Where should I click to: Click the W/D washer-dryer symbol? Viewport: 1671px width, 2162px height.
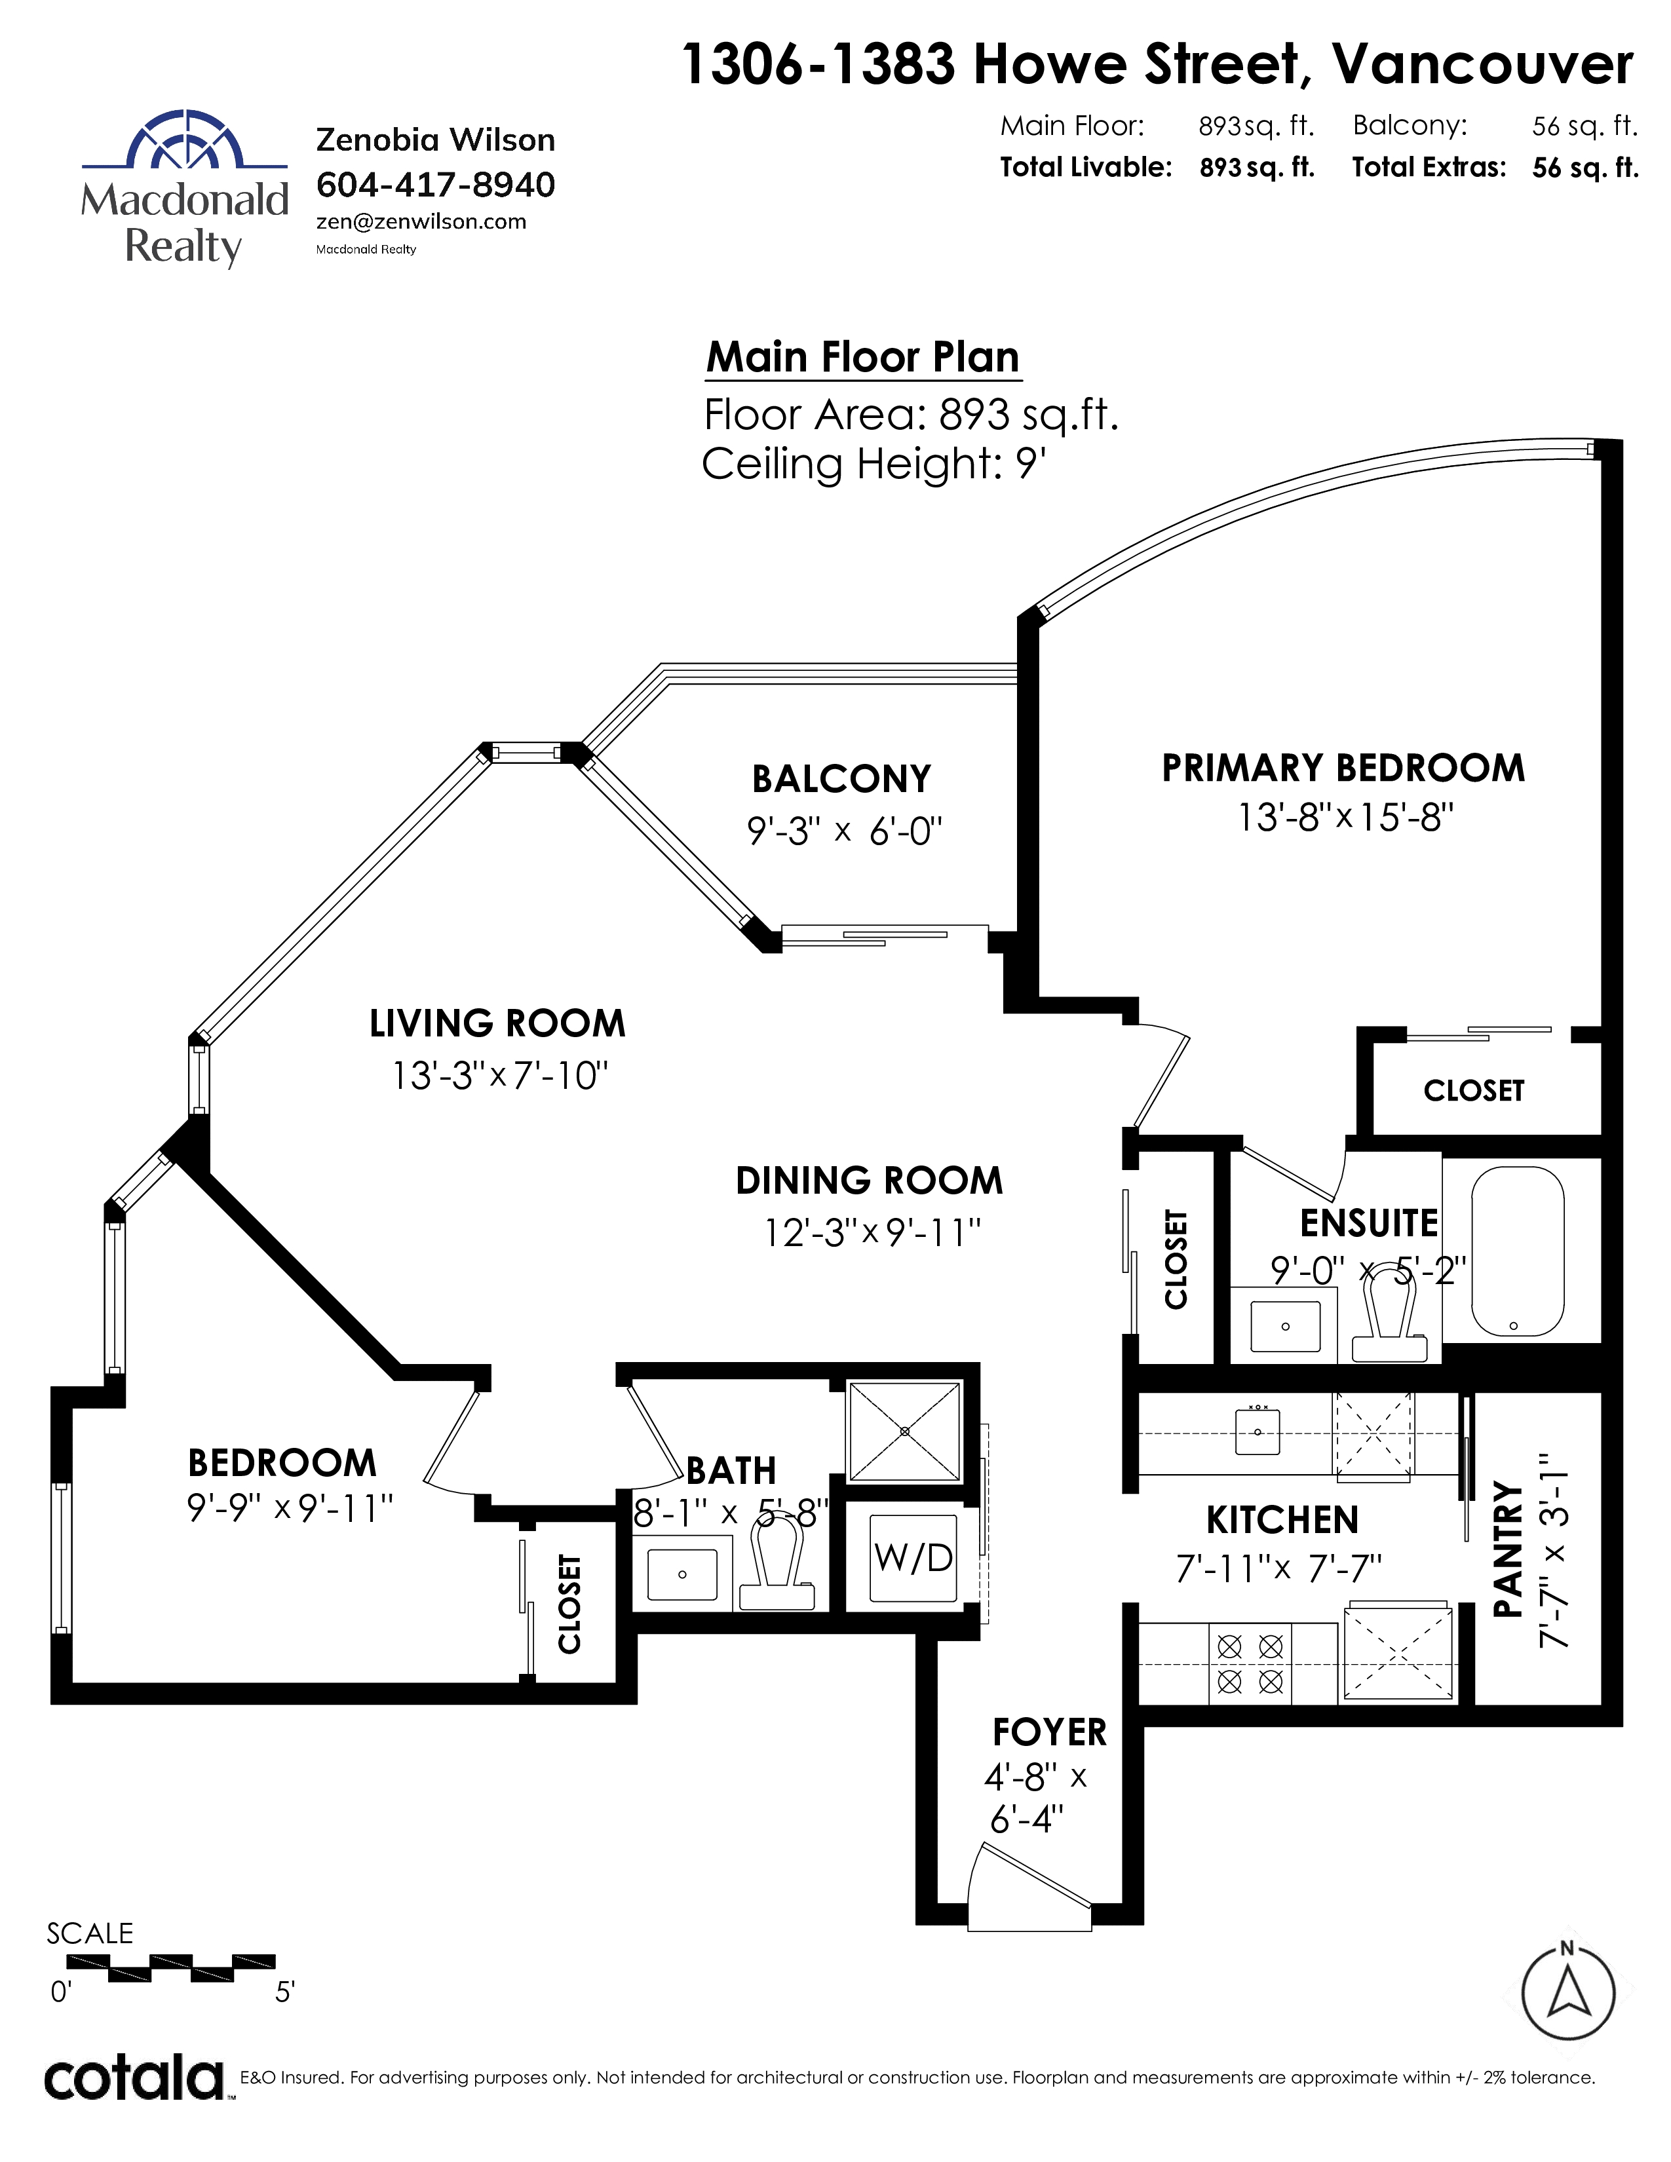tap(913, 1558)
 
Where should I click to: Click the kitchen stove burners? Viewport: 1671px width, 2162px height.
tap(1249, 1663)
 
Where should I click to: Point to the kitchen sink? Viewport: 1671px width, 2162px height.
tap(1258, 1432)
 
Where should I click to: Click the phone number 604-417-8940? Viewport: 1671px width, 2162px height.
tap(436, 184)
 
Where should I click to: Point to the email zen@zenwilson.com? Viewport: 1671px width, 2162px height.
tap(421, 221)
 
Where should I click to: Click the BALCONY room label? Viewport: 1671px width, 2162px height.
tap(841, 779)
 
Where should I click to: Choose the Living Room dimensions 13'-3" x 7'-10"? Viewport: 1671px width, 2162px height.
tap(500, 1075)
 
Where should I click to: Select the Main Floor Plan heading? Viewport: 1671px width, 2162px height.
tap(862, 356)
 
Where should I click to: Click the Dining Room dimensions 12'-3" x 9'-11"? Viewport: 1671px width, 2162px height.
tap(872, 1232)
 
